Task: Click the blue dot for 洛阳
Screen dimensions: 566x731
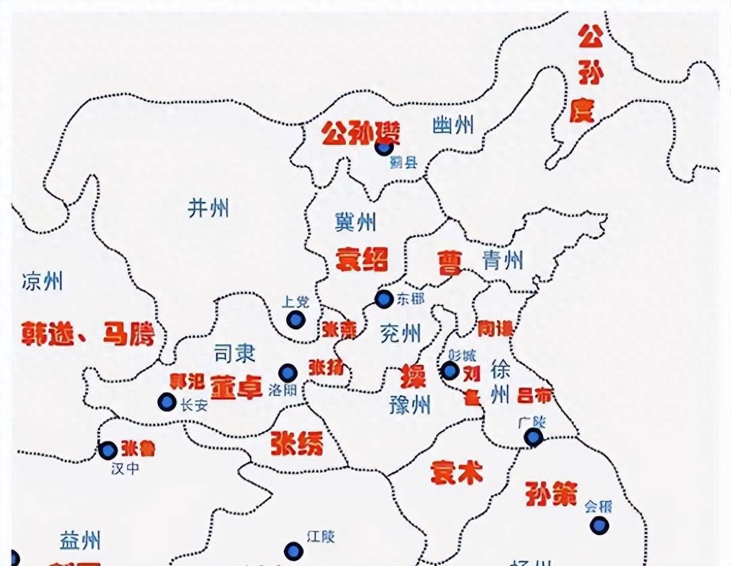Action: tap(288, 373)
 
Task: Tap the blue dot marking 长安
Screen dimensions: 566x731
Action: tap(167, 402)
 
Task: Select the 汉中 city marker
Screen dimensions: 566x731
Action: tap(108, 450)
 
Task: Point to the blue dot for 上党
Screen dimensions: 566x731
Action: tap(295, 320)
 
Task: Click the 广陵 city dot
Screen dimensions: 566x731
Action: tap(533, 437)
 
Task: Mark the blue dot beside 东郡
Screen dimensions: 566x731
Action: tap(384, 299)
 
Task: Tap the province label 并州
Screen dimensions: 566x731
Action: tap(208, 208)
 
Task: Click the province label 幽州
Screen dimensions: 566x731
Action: tap(453, 126)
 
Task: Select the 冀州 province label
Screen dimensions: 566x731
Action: tap(355, 222)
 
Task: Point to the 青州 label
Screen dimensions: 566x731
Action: tap(503, 260)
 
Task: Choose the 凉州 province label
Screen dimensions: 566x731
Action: tap(41, 281)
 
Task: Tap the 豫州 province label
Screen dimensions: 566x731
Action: tap(409, 406)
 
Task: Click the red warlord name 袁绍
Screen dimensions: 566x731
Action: tap(361, 260)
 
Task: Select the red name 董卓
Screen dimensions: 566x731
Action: tap(236, 386)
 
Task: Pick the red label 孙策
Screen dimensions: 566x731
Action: tap(551, 493)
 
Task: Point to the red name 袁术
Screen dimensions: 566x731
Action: tap(457, 473)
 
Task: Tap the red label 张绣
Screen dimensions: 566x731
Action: tap(297, 443)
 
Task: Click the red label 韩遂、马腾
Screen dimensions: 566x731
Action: tap(88, 333)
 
